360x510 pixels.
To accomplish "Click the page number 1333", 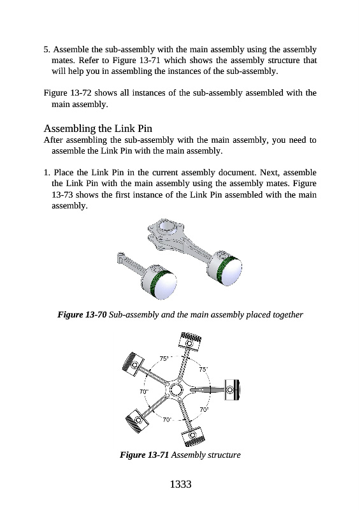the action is click(x=180, y=484).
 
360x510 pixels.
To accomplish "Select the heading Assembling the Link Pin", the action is click(x=98, y=129).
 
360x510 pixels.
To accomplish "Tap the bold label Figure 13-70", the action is click(x=82, y=314).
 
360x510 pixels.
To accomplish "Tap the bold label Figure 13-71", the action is click(x=145, y=455).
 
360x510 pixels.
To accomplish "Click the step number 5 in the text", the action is click(x=47, y=50).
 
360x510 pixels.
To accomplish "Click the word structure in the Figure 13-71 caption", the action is click(x=224, y=455).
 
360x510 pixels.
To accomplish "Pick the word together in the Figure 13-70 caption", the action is click(x=287, y=314).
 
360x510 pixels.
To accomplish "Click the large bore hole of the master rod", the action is click(x=167, y=226).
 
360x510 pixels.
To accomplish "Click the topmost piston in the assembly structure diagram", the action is click(x=190, y=342).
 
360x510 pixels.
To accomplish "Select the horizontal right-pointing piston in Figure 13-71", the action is click(x=231, y=390).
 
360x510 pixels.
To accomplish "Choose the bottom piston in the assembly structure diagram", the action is click(x=193, y=436).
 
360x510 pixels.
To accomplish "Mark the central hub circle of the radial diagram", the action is click(x=176, y=389).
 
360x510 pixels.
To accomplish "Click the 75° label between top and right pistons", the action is click(x=203, y=369).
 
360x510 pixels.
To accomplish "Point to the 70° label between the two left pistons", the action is click(x=144, y=391).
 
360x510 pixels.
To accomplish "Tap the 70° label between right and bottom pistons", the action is click(x=204, y=409).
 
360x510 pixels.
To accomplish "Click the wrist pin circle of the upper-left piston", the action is click(x=134, y=364).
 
